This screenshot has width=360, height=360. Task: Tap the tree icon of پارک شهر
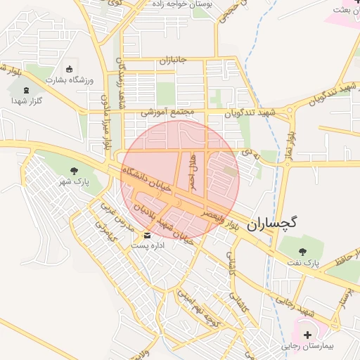(74, 171)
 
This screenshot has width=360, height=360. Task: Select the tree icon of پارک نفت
(303, 250)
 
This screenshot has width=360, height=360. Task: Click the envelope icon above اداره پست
(148, 235)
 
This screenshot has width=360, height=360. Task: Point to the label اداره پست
(148, 246)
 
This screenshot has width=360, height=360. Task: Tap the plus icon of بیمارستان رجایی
(307, 335)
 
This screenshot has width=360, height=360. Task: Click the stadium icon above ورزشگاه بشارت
(69, 69)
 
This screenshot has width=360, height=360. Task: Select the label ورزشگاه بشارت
(68, 80)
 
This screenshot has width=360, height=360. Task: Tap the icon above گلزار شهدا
(27, 90)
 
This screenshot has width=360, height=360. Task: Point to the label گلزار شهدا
(27, 101)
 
